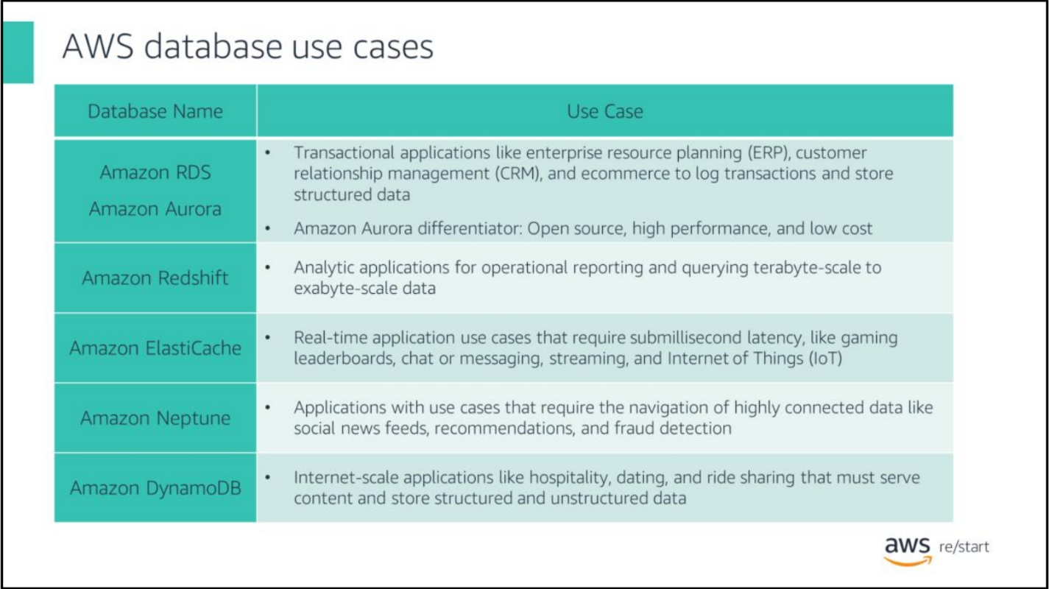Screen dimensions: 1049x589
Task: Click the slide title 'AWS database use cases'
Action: (x=247, y=46)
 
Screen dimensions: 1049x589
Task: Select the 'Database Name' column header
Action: (x=155, y=111)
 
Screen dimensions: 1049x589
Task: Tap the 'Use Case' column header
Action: (x=604, y=111)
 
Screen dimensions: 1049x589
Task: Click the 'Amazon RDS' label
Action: (x=155, y=172)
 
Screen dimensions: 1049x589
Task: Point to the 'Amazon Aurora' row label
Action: (x=155, y=209)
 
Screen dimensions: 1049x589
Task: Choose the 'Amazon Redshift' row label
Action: (x=155, y=278)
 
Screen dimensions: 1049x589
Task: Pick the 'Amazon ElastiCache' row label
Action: (x=155, y=348)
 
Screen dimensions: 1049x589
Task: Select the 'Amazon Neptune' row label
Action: (x=155, y=418)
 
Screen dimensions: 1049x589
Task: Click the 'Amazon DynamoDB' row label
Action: (x=155, y=488)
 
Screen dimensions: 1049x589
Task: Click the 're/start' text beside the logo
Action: (x=964, y=547)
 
